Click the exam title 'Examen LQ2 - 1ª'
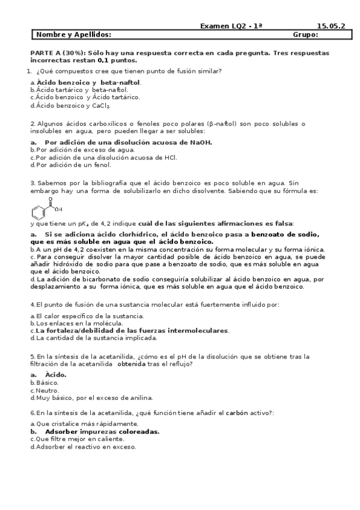231,26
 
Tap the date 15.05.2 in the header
331,26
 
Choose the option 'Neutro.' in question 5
47,390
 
